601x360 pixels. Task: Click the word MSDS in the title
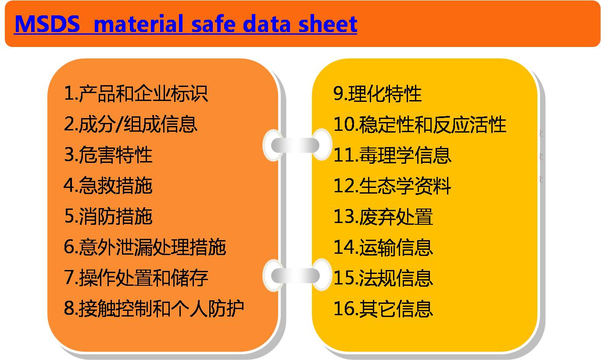pos(47,24)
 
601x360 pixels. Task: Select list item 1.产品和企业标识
pos(136,94)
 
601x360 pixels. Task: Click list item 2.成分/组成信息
pos(131,124)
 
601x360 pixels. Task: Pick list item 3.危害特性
pos(108,155)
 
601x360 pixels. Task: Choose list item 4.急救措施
pos(108,186)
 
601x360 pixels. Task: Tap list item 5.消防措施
pos(108,216)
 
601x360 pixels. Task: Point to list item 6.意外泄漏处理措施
pos(145,247)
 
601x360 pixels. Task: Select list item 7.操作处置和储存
pos(136,277)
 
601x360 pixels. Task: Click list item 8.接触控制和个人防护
pos(154,308)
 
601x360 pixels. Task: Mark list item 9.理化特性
pos(378,94)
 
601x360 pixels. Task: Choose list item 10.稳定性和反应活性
pos(420,124)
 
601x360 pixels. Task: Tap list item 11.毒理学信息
pos(392,155)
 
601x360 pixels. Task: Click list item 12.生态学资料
pos(392,186)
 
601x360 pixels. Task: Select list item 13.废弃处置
pos(383,216)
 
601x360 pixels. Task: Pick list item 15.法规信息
pos(383,278)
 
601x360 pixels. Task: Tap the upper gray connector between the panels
pos(295,145)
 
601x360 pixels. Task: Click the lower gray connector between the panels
pos(295,275)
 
